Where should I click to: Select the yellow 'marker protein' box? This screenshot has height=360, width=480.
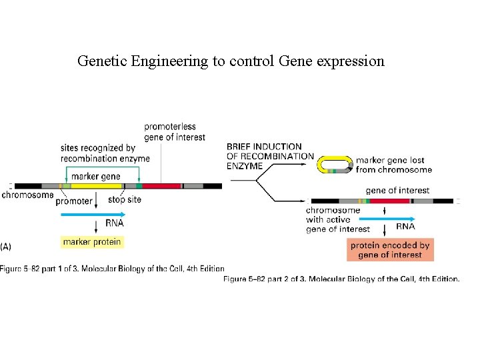(x=92, y=242)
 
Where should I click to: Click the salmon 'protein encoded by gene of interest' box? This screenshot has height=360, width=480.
(x=390, y=250)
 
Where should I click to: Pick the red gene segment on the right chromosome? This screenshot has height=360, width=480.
(x=389, y=201)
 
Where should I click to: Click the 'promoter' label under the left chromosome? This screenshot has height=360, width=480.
(x=74, y=201)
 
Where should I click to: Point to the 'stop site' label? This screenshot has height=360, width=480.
(x=125, y=199)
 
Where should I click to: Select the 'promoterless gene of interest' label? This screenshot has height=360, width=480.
(x=175, y=132)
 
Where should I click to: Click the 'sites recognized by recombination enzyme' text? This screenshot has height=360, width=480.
(x=105, y=153)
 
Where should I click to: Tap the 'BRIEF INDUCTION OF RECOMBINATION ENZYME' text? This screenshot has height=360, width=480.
(x=269, y=155)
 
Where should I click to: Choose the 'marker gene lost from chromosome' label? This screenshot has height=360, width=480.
(x=393, y=165)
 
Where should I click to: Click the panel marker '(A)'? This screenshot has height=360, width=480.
(x=6, y=246)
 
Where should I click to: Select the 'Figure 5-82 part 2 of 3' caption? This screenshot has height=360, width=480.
(x=341, y=279)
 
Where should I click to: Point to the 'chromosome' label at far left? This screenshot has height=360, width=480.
(x=27, y=195)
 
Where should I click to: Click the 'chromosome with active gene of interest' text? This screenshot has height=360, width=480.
(x=337, y=219)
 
